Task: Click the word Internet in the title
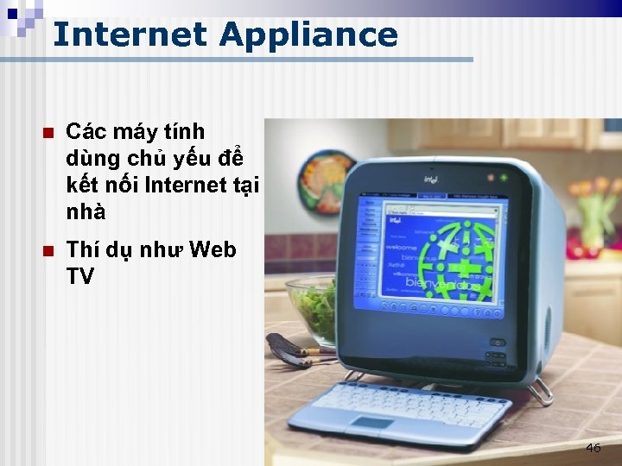[130, 35]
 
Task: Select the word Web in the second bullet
[211, 250]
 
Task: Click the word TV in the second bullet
[80, 277]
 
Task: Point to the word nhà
[86, 211]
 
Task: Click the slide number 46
[593, 448]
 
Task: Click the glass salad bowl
[311, 306]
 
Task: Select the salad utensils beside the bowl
[289, 350]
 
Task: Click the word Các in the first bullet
[86, 132]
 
